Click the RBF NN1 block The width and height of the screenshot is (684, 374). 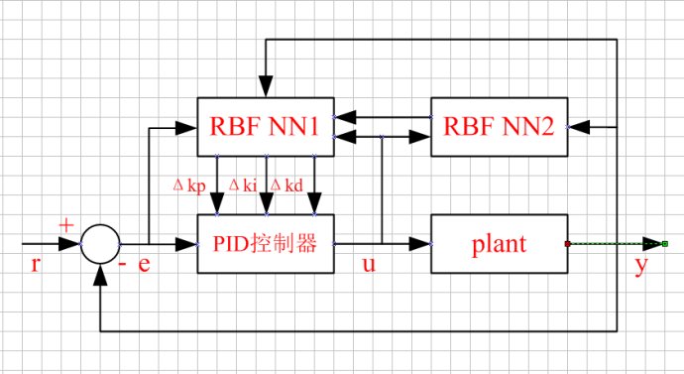[x=265, y=126]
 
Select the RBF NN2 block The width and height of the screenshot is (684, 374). [x=499, y=126]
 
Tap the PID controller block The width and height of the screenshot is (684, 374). [x=265, y=243]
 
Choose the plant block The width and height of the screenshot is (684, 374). [x=499, y=243]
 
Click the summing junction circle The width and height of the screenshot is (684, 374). [x=99, y=243]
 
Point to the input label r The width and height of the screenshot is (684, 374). [x=37, y=265]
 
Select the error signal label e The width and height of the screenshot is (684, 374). [x=145, y=265]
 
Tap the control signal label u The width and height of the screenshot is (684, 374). [x=369, y=265]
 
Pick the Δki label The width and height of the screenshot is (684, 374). [x=243, y=186]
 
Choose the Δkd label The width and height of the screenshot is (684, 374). [x=288, y=186]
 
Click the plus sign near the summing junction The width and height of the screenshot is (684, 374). [x=66, y=225]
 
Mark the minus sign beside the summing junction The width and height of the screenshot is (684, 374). [x=122, y=265]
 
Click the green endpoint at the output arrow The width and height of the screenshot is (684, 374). [x=665, y=243]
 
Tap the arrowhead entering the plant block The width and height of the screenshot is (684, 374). [x=422, y=243]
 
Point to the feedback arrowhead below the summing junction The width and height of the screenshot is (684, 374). [x=99, y=272]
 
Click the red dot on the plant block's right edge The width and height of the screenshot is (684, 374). [x=567, y=243]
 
